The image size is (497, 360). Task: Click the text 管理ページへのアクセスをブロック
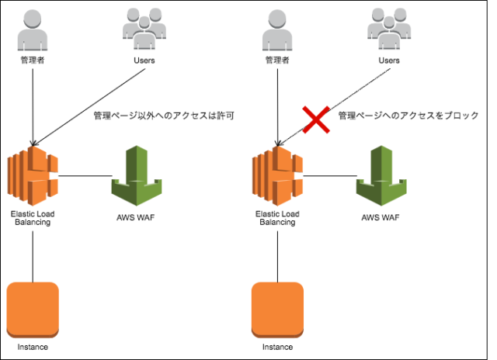point(408,116)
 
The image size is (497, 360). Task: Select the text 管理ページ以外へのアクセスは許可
point(163,116)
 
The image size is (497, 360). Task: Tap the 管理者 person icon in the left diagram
point(32,29)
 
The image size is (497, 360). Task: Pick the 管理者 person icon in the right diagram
point(277,29)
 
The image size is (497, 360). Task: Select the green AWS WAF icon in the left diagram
point(135,175)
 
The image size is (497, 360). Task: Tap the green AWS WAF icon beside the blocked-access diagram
point(381,175)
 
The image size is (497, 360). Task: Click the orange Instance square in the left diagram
point(32,308)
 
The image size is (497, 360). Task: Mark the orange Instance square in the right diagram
point(277,308)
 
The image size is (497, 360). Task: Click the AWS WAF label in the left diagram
point(135,216)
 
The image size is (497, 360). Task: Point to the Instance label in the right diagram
point(277,347)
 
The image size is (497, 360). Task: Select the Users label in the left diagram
point(144,60)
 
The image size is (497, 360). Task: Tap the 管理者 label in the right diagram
point(277,60)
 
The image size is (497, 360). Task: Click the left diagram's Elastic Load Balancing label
point(32,217)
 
